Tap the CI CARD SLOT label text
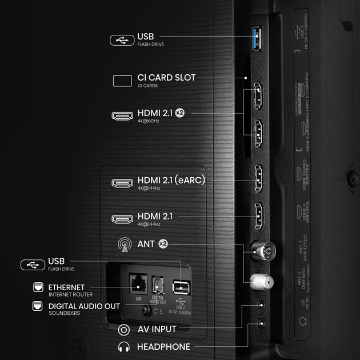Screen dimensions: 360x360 tap(166, 78)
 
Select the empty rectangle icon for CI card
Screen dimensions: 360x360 tap(121, 81)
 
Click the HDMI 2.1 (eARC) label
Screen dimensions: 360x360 tap(171, 181)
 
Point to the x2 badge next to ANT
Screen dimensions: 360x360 tap(163, 243)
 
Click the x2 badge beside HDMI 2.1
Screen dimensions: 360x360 tap(179, 113)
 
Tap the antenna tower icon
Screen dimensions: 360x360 tap(122, 245)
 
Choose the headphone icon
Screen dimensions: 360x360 tap(123, 346)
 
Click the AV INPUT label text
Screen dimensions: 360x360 tap(157, 329)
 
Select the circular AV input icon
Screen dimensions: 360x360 tap(123, 330)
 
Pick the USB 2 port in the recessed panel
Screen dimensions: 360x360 tap(181, 286)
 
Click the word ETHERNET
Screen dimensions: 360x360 tap(66, 287)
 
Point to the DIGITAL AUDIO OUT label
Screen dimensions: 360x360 tap(84, 306)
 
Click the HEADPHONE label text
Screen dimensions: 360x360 tap(163, 346)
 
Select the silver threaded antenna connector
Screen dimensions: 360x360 tap(262, 281)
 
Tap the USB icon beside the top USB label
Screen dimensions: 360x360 tap(121, 40)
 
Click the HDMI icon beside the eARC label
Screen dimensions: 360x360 tap(122, 183)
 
